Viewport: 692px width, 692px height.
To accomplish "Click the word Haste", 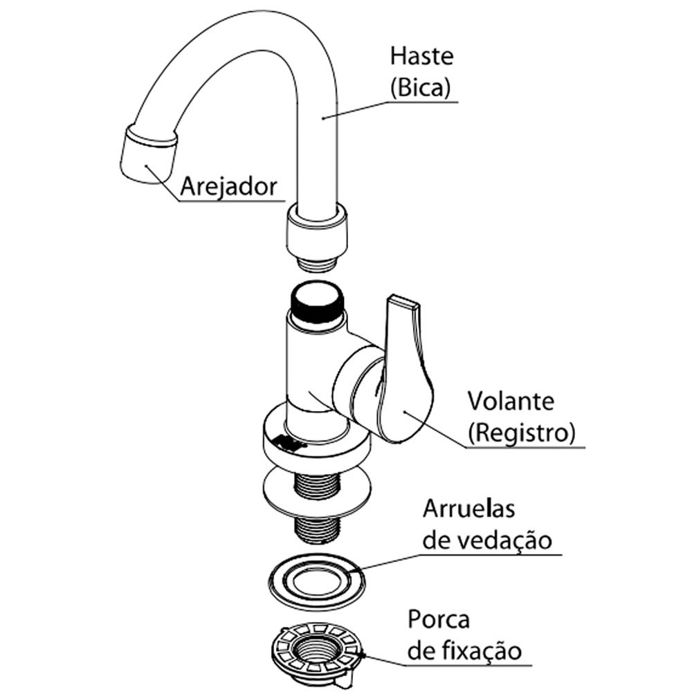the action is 421,56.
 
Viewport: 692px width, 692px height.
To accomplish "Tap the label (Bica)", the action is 420,87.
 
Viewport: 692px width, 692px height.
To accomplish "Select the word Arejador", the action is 228,187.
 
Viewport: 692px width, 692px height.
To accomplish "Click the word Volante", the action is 511,401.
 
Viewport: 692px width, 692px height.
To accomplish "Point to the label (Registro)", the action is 522,433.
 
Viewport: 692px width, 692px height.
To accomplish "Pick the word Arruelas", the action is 468,509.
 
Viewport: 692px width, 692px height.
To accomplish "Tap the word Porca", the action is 438,619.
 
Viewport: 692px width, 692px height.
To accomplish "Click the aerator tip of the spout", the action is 148,154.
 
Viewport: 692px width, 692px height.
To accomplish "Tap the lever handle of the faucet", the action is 404,369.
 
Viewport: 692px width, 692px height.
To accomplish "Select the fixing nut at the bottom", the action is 317,654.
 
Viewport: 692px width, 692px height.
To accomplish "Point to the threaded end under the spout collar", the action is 317,262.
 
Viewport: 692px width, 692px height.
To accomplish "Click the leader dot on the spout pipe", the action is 323,118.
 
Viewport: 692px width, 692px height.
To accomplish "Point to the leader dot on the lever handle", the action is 404,412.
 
